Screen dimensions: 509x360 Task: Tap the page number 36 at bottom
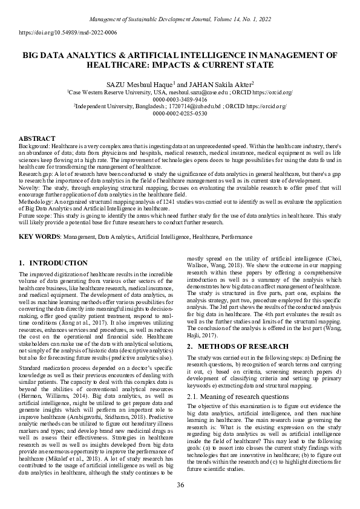(180, 485)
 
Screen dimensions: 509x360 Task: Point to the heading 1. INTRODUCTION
(53, 263)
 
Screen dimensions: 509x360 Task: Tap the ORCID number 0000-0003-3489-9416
(180, 99)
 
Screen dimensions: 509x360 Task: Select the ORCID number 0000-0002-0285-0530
(180, 112)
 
